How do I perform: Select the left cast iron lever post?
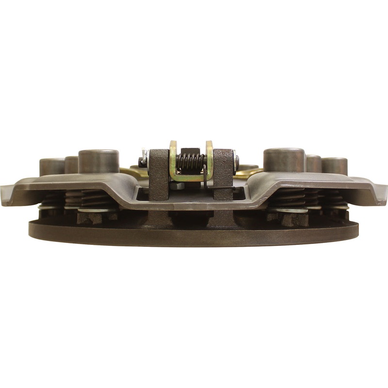coord(159,175)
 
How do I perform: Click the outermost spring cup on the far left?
coord(51,166)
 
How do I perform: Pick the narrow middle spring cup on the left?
coord(71,164)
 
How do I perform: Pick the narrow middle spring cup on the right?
coord(313,163)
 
